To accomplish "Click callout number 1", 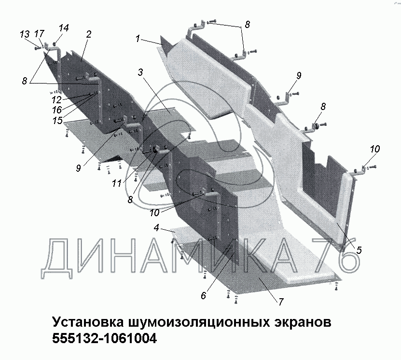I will point(138,39).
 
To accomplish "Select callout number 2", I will point(89,34).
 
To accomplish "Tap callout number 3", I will point(140,72).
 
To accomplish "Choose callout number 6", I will point(203,295).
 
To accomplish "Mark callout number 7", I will point(280,302).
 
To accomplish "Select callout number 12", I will point(56,100).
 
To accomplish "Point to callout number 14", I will point(64,28).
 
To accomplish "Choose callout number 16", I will point(56,110).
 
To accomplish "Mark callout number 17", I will point(40,34).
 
